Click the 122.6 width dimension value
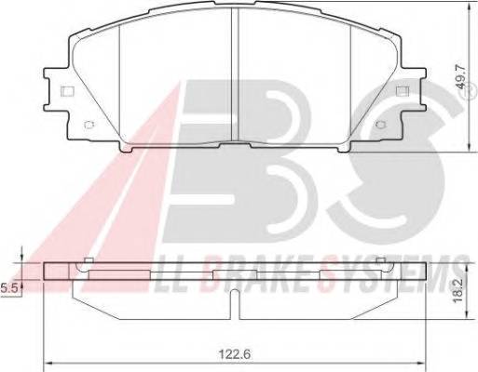click(235, 353)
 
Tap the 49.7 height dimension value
click(461, 77)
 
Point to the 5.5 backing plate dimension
click(8, 288)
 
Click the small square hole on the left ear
click(67, 91)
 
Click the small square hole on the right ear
click(403, 91)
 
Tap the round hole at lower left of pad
click(89, 125)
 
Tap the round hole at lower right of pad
click(380, 125)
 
